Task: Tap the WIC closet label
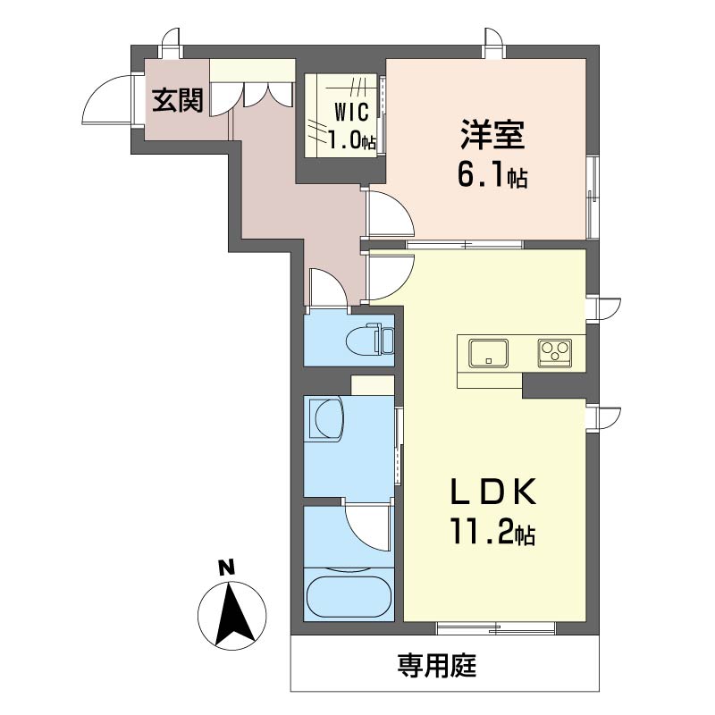[351, 113]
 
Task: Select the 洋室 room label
[492, 135]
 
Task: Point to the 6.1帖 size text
[492, 175]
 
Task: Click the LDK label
[493, 492]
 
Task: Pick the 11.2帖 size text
[492, 532]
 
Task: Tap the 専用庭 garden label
[437, 665]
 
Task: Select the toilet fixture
[370, 339]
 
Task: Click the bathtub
[349, 597]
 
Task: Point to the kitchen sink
[489, 352]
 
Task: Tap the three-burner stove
[555, 352]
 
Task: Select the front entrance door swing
[106, 99]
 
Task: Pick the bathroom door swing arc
[368, 526]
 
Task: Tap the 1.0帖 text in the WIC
[352, 140]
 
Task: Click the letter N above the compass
[226, 568]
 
